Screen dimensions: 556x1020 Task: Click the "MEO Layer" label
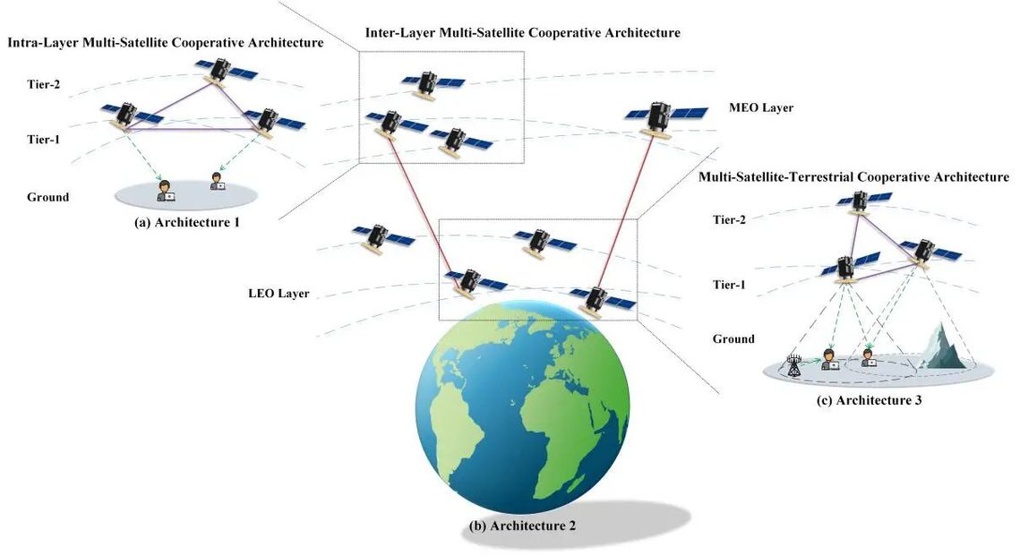tap(761, 108)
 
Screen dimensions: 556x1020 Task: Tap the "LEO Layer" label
tap(279, 294)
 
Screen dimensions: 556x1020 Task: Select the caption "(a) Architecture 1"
tap(186, 223)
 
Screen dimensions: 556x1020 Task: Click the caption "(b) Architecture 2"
tap(523, 526)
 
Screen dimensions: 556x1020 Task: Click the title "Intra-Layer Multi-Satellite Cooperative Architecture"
tap(165, 42)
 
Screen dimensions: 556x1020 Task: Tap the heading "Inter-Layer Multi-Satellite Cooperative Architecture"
tap(523, 33)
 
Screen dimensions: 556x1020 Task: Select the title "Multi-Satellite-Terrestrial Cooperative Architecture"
tap(853, 177)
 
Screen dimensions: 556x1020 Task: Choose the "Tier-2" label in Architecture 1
tap(44, 85)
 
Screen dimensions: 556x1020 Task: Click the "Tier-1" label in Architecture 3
tap(730, 286)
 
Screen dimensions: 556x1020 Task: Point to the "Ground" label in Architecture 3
tap(733, 339)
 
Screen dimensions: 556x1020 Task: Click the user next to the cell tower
tap(830, 361)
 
